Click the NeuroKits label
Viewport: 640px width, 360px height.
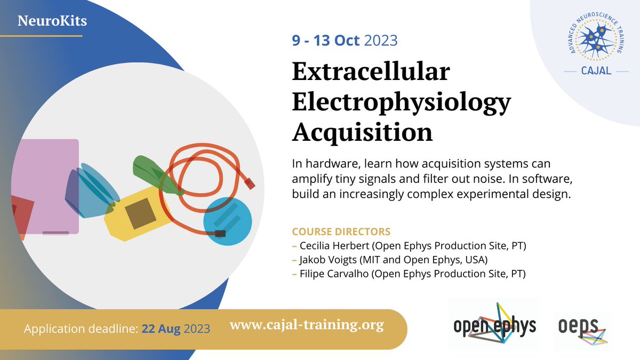pyautogui.click(x=52, y=22)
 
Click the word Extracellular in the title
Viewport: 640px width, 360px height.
pyautogui.click(x=371, y=73)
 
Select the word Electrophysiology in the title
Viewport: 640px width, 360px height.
pyautogui.click(x=401, y=102)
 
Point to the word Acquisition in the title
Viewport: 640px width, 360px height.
pyautogui.click(x=362, y=132)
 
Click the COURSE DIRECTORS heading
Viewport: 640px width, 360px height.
pyautogui.click(x=341, y=232)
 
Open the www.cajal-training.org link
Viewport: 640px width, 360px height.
pyautogui.click(x=307, y=325)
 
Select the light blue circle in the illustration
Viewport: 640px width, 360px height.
pyautogui.click(x=228, y=221)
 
